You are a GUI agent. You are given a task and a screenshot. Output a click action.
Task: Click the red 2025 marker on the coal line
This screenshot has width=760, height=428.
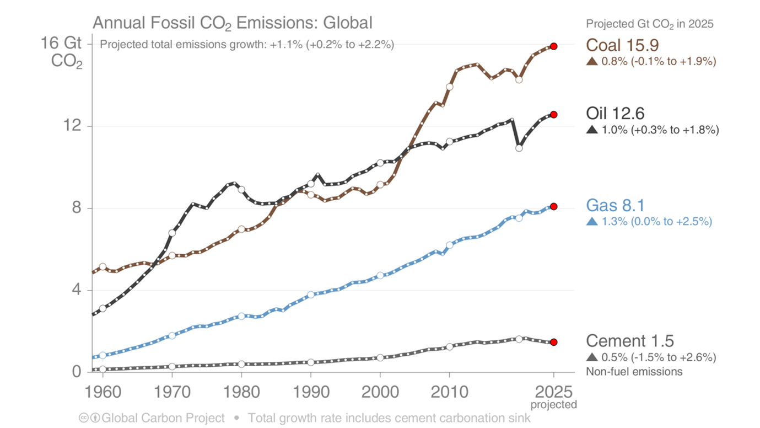553,46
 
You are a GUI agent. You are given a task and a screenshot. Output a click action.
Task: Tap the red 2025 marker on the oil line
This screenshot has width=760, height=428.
553,115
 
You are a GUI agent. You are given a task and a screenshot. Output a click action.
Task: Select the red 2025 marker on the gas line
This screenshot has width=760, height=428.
553,206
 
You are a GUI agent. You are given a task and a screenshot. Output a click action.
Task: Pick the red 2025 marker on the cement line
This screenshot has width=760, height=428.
553,342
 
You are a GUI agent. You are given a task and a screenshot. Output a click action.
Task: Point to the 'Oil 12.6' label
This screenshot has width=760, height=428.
615,114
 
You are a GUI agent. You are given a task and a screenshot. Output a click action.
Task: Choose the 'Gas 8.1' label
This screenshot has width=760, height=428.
615,206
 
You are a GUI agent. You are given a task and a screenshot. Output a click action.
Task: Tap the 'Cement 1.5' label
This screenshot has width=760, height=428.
629,340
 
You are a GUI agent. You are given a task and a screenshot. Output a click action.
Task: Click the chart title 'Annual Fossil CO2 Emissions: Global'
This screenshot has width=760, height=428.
232,23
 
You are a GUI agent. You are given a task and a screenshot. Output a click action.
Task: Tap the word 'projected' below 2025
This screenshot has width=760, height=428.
553,405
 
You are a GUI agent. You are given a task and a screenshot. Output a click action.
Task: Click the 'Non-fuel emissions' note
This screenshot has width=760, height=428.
634,371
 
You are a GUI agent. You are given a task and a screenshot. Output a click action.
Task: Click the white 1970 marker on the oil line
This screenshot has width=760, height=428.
172,233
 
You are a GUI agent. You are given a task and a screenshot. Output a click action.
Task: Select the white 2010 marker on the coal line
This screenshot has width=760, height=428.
449,87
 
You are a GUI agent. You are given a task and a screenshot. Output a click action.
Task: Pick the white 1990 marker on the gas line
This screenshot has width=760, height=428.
311,295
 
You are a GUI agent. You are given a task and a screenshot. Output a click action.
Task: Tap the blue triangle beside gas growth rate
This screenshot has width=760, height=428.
592,222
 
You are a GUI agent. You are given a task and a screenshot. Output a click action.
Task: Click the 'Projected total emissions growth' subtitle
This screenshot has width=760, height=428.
246,45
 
